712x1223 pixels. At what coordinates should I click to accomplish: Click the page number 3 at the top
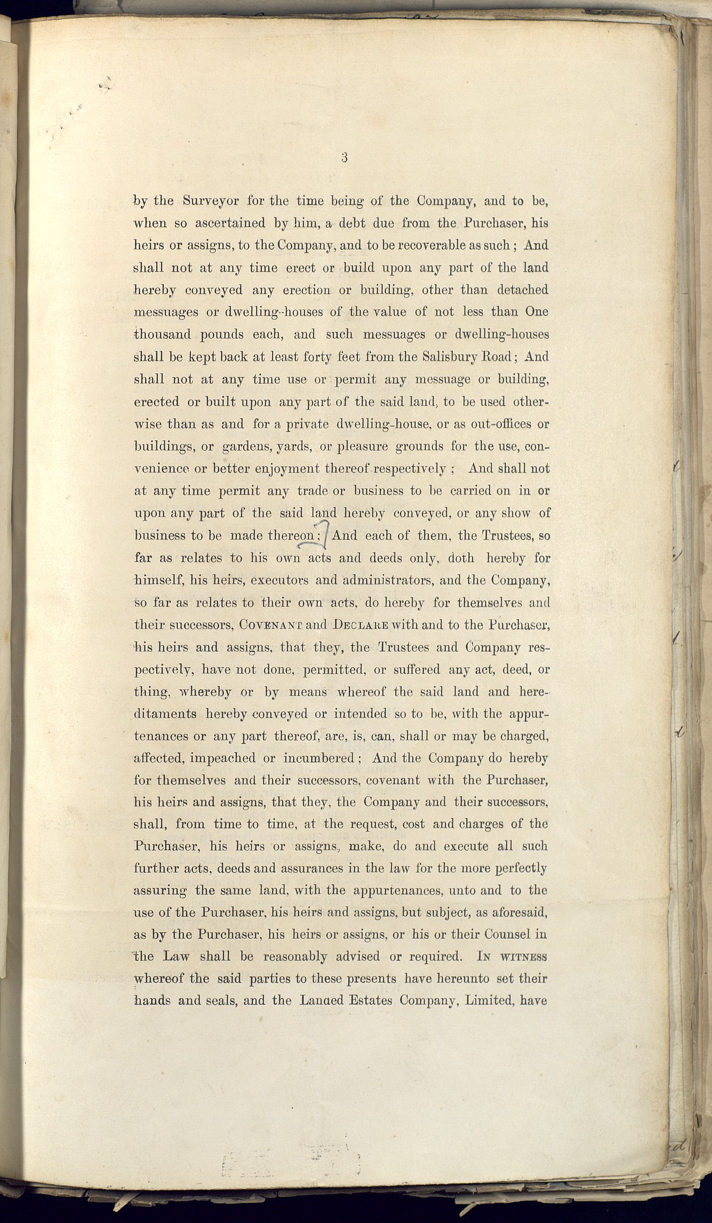344,157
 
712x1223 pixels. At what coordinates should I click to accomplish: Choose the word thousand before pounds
162,334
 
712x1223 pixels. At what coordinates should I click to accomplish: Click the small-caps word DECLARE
361,625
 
